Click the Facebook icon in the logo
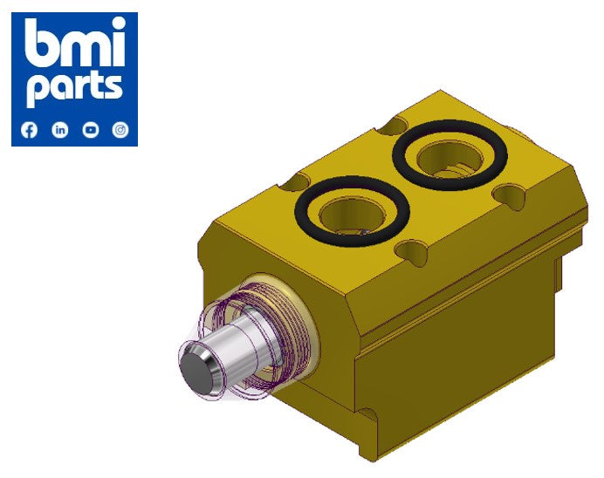(x=30, y=130)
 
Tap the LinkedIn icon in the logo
(x=60, y=130)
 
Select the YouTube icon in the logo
(x=91, y=130)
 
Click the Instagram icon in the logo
(x=121, y=130)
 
